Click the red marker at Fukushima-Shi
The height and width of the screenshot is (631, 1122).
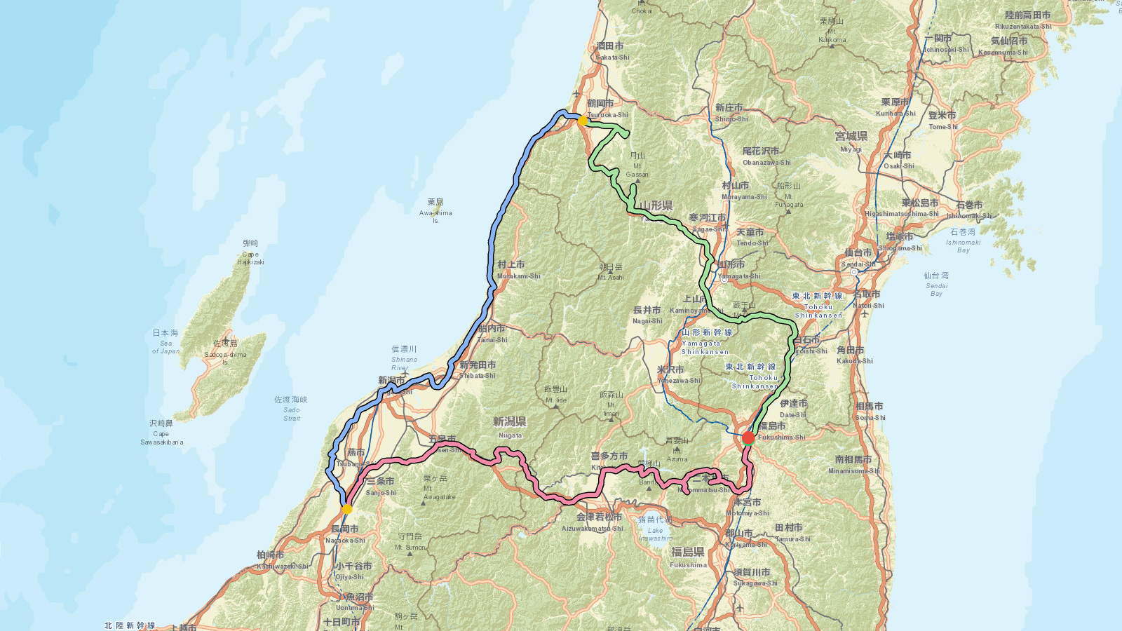point(748,438)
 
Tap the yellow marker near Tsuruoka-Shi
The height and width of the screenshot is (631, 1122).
point(582,121)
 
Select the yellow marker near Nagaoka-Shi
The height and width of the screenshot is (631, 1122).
point(346,509)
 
